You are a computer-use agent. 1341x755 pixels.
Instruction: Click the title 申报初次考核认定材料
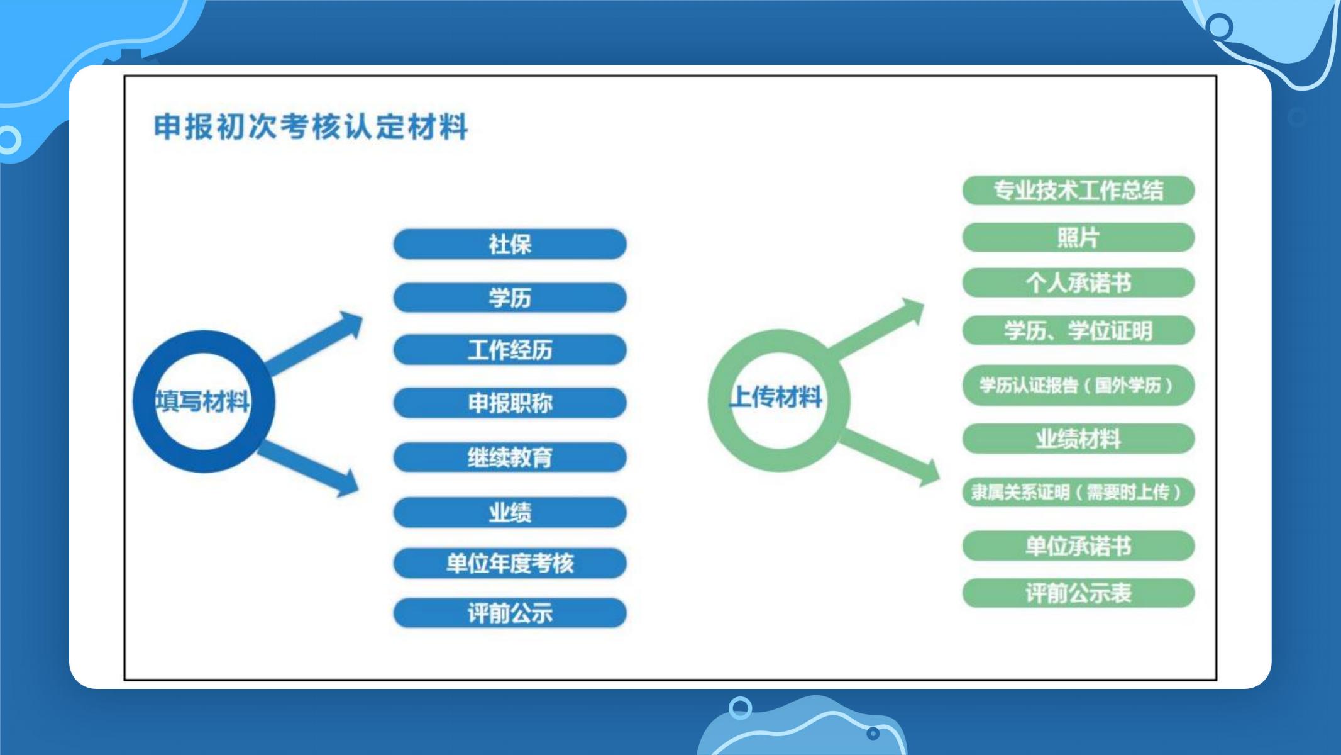coord(311,126)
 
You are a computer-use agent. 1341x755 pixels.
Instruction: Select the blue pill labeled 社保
coord(510,244)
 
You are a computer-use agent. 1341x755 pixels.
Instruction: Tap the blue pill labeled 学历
coord(510,298)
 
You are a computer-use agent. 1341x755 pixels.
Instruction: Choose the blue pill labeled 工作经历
coord(510,350)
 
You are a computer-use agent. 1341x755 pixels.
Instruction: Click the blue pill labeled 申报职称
coord(510,403)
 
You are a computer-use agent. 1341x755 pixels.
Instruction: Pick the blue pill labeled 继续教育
coord(510,457)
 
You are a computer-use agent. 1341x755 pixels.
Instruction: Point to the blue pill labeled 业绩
coord(510,513)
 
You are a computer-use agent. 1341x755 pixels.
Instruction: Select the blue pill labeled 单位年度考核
coord(510,563)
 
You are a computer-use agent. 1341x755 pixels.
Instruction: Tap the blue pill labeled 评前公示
coord(510,613)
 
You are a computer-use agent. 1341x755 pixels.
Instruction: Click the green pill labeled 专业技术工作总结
coord(1078,191)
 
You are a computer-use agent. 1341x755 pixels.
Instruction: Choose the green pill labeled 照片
coord(1078,238)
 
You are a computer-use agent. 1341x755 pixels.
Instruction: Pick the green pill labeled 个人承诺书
coord(1078,283)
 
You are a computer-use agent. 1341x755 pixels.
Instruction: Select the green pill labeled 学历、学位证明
coord(1078,330)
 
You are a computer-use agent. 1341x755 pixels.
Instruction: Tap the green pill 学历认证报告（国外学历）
coord(1078,385)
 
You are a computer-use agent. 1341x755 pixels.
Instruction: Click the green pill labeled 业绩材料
coord(1078,439)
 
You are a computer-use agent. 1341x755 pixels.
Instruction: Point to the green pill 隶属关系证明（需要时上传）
coord(1078,492)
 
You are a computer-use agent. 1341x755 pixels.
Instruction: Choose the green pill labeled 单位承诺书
coord(1078,545)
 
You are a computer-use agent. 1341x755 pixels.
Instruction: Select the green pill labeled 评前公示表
coord(1078,593)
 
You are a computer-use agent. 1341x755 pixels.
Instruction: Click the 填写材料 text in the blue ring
coord(202,401)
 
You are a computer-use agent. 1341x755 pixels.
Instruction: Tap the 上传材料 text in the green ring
coord(776,397)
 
